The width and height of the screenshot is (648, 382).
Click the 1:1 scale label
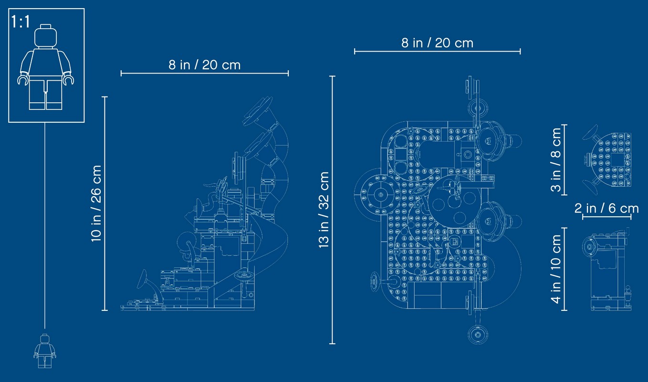20,21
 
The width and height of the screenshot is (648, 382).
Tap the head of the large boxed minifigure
45,36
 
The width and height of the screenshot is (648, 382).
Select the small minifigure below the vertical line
45,351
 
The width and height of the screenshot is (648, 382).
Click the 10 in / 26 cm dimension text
96,203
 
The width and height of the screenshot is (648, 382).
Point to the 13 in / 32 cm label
324,210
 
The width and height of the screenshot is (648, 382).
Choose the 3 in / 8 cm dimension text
556,160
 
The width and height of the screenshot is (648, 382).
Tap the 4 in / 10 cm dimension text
556,269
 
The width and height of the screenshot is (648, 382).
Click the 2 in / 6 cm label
606,208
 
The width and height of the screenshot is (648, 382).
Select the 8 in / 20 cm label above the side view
205,65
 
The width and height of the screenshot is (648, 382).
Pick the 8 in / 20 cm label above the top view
437,43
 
